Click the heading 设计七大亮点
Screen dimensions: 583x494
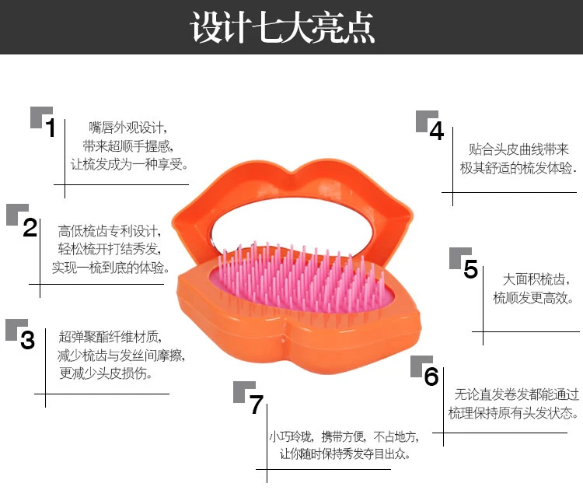pos(283,27)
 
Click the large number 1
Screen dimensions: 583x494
pos(51,128)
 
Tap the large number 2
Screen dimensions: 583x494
pos(30,227)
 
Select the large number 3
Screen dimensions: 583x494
pos(27,340)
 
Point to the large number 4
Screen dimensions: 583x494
pos(437,131)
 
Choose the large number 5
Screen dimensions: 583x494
pos(470,268)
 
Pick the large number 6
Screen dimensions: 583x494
pos(431,376)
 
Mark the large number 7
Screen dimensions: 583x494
pos(257,405)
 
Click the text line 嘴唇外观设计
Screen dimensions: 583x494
pos(127,128)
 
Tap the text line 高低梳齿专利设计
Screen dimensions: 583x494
pos(110,231)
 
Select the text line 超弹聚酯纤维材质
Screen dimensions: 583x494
pos(110,337)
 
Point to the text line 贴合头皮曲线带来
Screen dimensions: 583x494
pos(518,149)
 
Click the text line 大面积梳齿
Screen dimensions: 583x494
pos(536,279)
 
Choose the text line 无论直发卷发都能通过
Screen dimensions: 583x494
pos(517,394)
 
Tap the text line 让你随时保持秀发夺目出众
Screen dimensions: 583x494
pos(344,454)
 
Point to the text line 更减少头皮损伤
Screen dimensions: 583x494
pos(106,373)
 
